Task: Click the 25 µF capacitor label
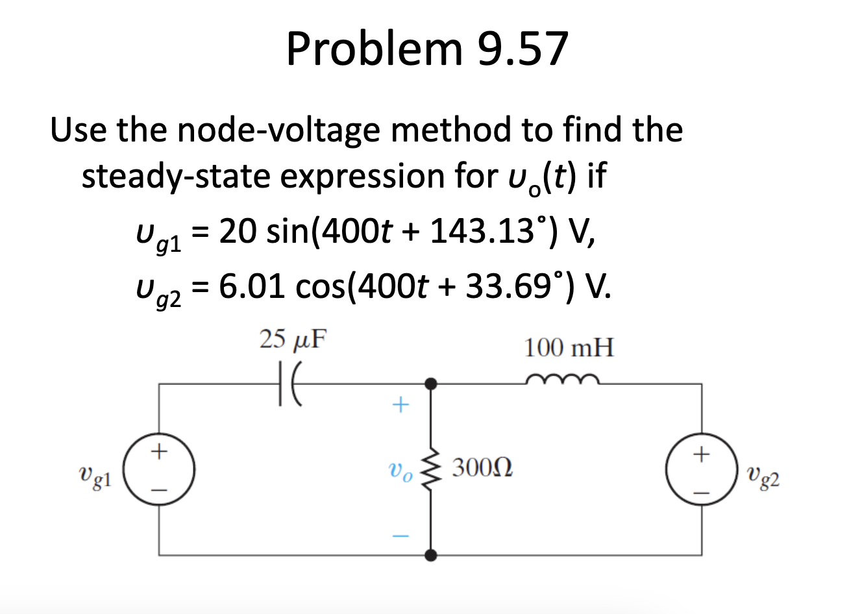pos(293,339)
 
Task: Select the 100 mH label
pos(569,349)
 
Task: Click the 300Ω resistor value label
pos(482,467)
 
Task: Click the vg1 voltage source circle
pos(158,469)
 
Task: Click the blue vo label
pos(399,472)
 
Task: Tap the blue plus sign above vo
pos(400,406)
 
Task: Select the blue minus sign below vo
pos(400,536)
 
